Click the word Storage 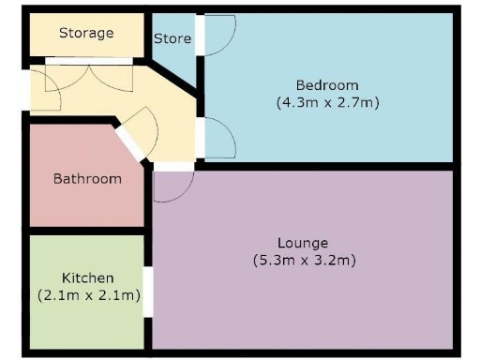[x=86, y=33]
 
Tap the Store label [x=172, y=38]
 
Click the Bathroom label [x=87, y=178]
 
